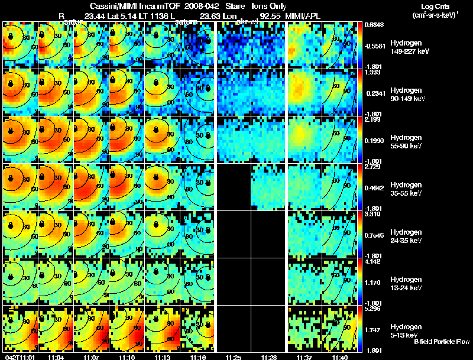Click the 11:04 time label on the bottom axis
56,356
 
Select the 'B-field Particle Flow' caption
442,342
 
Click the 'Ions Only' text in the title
269,6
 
